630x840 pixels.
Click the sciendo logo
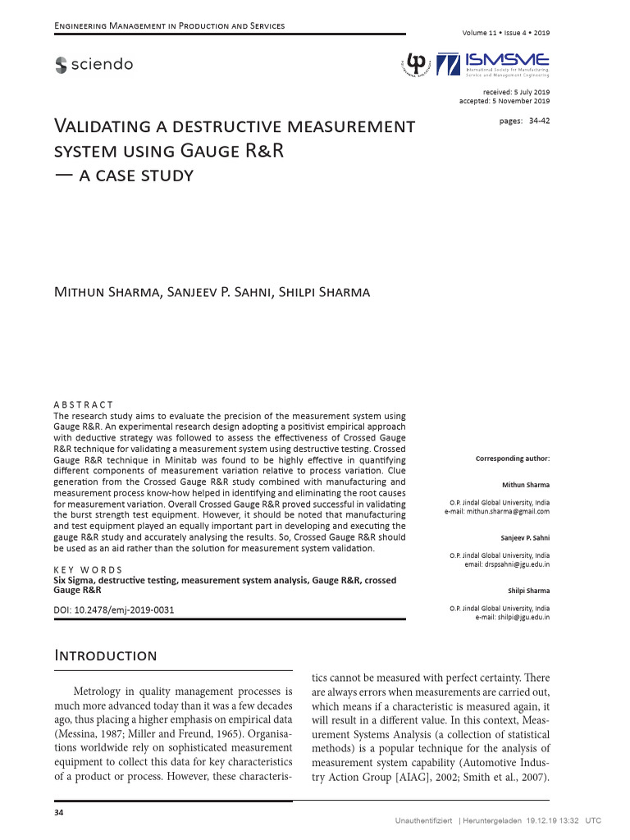[94, 65]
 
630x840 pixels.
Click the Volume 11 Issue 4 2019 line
[506, 33]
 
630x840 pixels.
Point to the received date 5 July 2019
[516, 92]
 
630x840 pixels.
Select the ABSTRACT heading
[83, 405]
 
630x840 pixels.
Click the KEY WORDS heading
[88, 570]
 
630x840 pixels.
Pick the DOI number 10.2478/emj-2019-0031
[124, 610]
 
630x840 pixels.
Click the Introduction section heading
[105, 655]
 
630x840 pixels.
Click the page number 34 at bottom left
[58, 812]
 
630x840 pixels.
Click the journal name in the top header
[169, 26]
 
